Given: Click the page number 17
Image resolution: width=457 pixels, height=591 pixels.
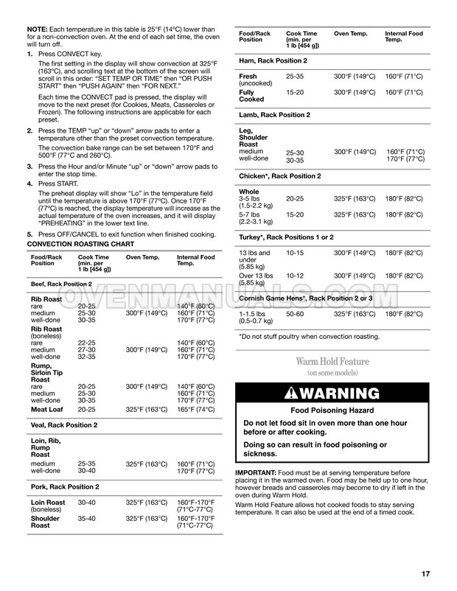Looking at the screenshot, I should pos(425,574).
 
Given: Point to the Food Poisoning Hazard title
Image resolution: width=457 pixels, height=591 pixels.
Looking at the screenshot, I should pos(332,410).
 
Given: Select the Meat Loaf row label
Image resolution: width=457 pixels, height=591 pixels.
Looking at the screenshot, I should pos(46,409).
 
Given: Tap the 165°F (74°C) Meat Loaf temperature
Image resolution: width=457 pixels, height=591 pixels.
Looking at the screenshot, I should pos(196,409).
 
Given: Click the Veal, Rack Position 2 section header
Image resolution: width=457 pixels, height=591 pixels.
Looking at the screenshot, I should pos(63,425).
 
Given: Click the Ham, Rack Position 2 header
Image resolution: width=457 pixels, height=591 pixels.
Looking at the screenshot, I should pos(273,60).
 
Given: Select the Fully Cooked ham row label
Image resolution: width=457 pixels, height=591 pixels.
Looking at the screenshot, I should pos(251,96).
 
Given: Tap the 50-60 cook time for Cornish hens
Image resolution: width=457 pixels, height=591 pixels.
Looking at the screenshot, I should pos(295,314).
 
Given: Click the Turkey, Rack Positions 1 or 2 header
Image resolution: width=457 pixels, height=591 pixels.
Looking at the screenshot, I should pos(286,237).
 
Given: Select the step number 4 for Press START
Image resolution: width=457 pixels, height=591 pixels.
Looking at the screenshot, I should pos(29,183).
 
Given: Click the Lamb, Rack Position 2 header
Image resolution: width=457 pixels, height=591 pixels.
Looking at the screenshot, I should pos(274,115).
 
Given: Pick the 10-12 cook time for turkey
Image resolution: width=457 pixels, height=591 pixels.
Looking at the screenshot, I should pos(295,276).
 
